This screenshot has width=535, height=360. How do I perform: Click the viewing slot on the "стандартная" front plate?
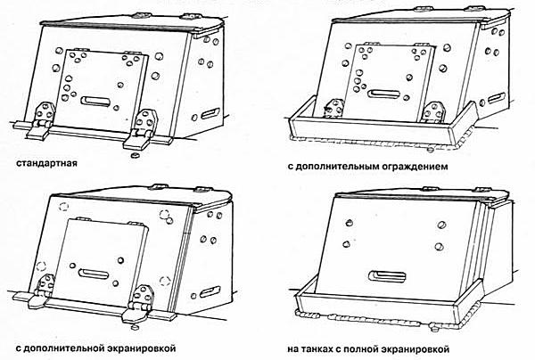tap(95, 102)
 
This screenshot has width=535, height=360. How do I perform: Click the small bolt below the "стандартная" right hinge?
tap(134, 153)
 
